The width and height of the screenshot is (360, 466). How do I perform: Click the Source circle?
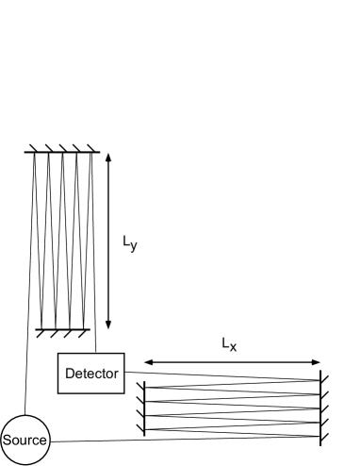click(x=25, y=439)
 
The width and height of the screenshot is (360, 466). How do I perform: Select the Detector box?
click(x=90, y=374)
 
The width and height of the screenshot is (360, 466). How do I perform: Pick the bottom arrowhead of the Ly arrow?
click(x=109, y=323)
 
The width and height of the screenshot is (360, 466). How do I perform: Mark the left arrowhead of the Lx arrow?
click(x=148, y=362)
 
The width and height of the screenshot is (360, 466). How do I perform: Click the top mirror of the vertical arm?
click(x=62, y=152)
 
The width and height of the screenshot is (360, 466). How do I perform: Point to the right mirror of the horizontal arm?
click(x=322, y=407)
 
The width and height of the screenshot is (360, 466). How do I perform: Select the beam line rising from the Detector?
click(x=95, y=283)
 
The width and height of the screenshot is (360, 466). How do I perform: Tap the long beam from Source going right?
click(x=188, y=439)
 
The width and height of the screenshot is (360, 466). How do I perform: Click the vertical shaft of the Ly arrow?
click(x=109, y=241)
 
